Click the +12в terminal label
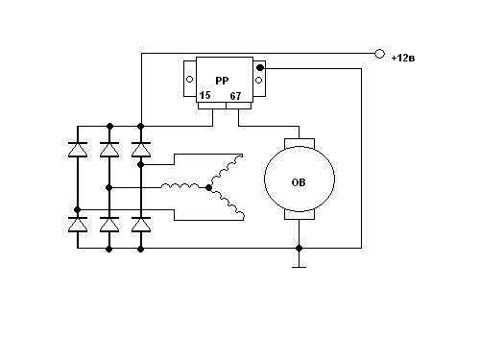[x=403, y=59]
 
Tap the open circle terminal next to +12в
[x=379, y=54]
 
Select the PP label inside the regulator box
[x=222, y=81]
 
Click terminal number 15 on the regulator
[x=204, y=95]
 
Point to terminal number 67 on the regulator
[x=235, y=96]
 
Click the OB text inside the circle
[x=299, y=182]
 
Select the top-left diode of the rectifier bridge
[x=78, y=150]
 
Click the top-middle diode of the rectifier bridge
[x=109, y=150]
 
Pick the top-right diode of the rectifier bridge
[x=141, y=150]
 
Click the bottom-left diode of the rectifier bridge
[x=78, y=225]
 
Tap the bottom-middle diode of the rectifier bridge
[x=109, y=225]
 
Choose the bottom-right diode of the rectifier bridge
[x=141, y=225]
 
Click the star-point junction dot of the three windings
[x=208, y=188]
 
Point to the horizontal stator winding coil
[x=180, y=186]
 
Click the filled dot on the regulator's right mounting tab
[x=260, y=68]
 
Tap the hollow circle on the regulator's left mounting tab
[x=189, y=79]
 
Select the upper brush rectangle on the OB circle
[x=300, y=143]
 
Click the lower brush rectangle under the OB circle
[x=300, y=215]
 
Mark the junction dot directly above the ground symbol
[x=299, y=248]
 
